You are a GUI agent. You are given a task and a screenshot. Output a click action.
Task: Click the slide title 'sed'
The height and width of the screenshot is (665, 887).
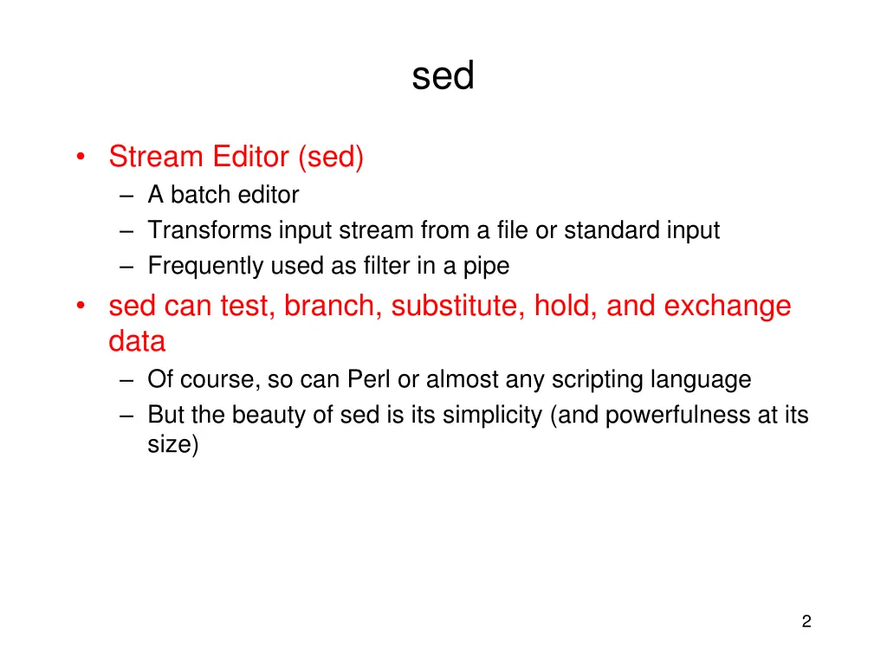tap(443, 77)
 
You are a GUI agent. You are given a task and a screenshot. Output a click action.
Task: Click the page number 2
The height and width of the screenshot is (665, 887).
tap(806, 621)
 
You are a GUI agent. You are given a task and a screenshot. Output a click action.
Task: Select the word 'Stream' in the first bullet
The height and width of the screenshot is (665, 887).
tap(156, 157)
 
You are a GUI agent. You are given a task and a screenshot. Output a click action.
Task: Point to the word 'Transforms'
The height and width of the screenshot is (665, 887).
tap(210, 230)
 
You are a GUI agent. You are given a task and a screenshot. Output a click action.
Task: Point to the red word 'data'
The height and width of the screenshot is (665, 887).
tap(137, 341)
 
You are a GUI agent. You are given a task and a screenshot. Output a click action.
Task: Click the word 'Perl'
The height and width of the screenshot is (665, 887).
tap(370, 379)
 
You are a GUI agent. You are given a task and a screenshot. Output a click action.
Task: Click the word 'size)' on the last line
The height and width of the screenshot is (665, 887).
tap(172, 447)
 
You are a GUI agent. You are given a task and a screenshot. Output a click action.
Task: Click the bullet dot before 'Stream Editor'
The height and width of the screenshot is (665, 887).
tap(80, 158)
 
